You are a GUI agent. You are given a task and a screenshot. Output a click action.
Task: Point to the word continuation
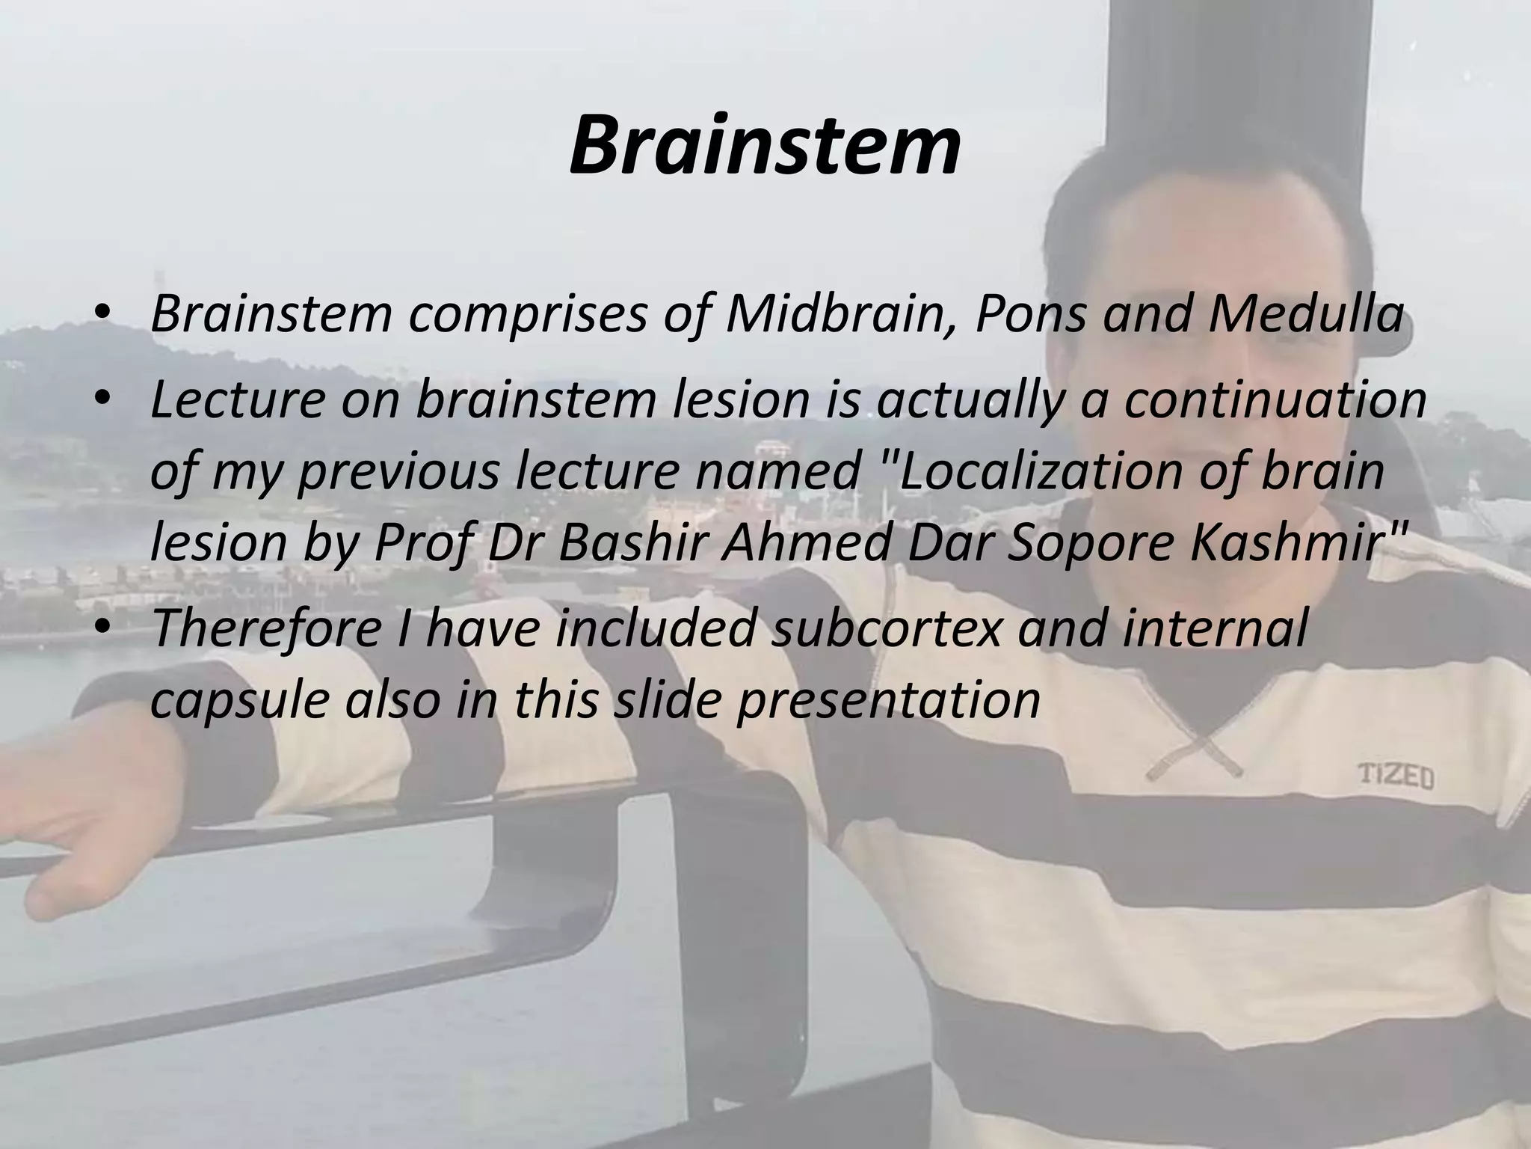coord(1275,401)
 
